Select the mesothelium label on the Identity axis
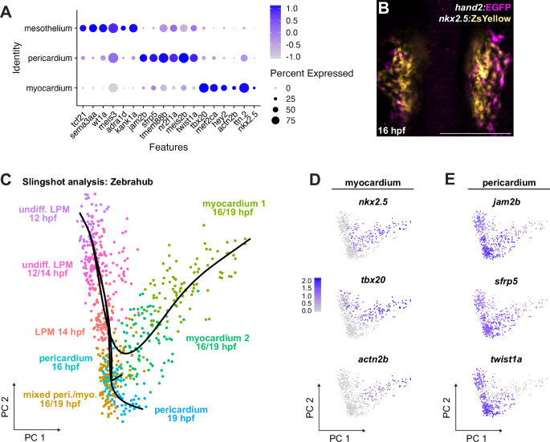[46, 28]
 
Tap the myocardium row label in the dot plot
[47, 87]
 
